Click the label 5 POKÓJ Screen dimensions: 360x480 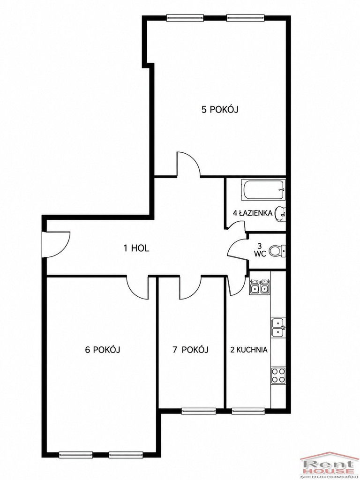coord(220,109)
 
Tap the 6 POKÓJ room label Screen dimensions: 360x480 coord(102,350)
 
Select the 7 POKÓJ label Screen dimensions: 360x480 coord(190,350)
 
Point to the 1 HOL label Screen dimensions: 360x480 coord(136,248)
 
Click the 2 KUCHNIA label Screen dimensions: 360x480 coord(249,350)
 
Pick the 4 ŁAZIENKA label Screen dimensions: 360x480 coord(253,213)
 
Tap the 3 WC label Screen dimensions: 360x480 coord(260,250)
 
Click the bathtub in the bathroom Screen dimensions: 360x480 coord(263,190)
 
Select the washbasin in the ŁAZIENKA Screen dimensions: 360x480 coord(280,213)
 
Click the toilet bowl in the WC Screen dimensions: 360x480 coord(277,251)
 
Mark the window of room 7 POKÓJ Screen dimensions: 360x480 coord(199,411)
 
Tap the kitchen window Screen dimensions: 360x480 coord(248,411)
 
